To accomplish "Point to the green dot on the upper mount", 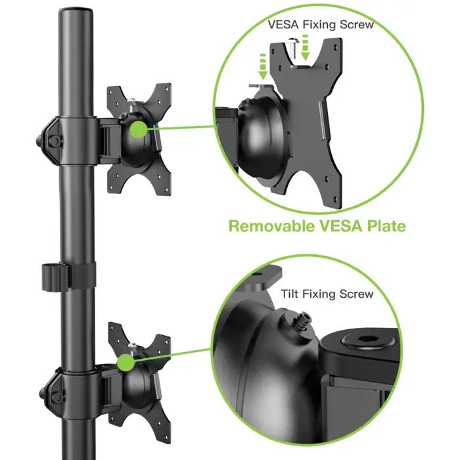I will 138,128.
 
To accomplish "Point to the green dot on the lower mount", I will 126,363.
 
